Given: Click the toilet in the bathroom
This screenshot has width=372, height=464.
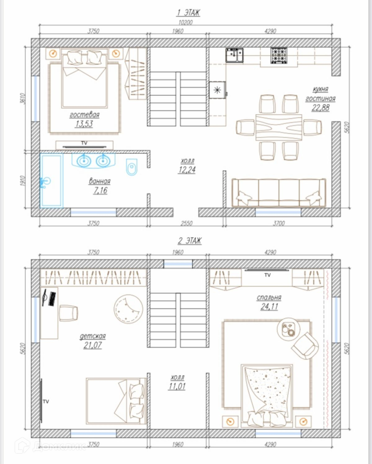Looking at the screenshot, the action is [x=132, y=167].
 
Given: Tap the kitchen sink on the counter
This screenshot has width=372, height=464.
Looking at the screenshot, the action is [x=234, y=55].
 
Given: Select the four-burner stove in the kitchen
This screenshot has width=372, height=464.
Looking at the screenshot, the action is [x=279, y=56].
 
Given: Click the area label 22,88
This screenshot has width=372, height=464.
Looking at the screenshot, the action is [x=321, y=108].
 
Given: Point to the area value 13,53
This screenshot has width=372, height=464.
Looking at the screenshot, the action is [x=84, y=124].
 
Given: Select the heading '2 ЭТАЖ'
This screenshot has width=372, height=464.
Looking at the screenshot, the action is [x=189, y=241].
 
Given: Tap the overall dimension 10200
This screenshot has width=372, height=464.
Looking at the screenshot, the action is [x=186, y=22].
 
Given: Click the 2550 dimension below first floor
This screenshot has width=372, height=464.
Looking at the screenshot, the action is [x=186, y=223].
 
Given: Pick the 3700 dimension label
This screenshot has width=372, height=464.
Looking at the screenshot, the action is [x=279, y=223].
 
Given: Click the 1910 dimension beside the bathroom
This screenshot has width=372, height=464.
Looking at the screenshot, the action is [x=23, y=181].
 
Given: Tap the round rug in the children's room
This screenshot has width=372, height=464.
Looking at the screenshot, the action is [x=128, y=309].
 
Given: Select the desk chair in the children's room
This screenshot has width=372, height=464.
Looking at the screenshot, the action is [x=69, y=313].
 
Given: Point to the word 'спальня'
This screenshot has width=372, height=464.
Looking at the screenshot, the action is [x=269, y=297].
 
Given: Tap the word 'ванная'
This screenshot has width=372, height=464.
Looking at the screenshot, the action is [x=100, y=181].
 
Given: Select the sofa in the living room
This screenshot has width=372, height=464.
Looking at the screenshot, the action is [x=279, y=193].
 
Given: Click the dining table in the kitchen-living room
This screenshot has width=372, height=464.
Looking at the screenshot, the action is [x=279, y=127].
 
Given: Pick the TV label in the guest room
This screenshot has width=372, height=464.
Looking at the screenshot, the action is [x=84, y=143].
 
